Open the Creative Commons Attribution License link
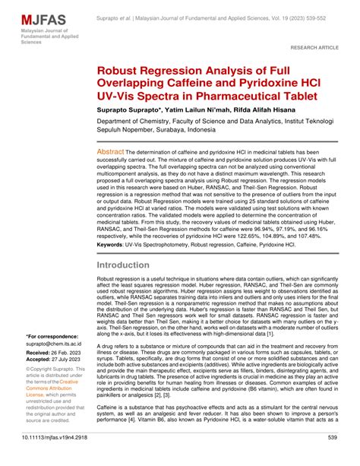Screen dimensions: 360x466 [58, 396]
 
